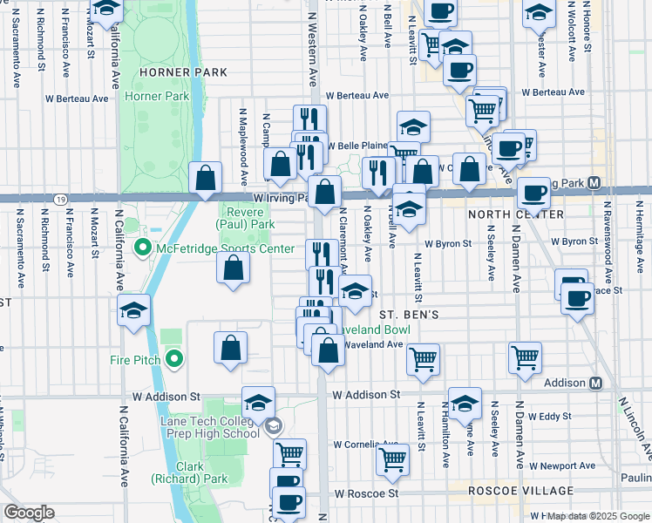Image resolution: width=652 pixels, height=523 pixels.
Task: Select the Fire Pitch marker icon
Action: pyautogui.click(x=174, y=358)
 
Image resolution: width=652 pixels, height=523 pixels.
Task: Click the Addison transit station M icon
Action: pyautogui.click(x=596, y=384)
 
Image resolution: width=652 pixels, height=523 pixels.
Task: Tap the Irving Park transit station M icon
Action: pyautogui.click(x=594, y=183)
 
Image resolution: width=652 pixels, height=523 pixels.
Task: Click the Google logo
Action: pyautogui.click(x=29, y=513)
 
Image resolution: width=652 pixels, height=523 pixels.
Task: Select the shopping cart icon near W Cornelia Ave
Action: pyautogui.click(x=393, y=458)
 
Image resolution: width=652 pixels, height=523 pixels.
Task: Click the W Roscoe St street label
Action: pyautogui.click(x=367, y=492)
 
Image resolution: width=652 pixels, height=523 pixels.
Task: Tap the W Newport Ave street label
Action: pyautogui.click(x=567, y=465)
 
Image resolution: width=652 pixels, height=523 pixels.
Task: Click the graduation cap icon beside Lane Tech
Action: pyautogui.click(x=259, y=403)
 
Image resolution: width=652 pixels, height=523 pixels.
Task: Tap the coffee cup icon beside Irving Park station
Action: pyautogui.click(x=533, y=193)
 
